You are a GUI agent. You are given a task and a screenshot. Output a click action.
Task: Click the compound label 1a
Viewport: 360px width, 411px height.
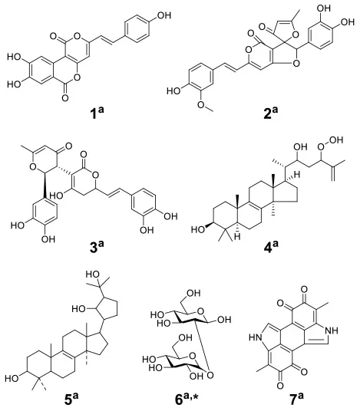[x=95, y=113]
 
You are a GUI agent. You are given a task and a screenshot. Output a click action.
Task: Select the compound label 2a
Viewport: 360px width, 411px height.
[x=270, y=113]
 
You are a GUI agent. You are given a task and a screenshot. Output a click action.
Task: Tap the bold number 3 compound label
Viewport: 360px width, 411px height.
[x=94, y=248]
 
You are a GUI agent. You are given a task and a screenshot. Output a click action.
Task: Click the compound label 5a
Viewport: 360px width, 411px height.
[x=71, y=400]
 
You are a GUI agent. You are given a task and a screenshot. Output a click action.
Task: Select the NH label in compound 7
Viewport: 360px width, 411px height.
[x=332, y=330]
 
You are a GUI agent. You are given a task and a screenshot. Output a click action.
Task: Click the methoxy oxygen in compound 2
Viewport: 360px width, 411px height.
[x=202, y=104]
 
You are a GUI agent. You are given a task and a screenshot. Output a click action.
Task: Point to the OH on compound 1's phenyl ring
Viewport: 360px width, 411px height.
[x=163, y=15]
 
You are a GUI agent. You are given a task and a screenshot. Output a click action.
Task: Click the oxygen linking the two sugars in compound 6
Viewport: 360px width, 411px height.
[x=210, y=375]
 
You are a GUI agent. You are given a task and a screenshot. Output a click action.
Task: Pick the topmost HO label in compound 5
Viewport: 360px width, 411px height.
[x=93, y=275]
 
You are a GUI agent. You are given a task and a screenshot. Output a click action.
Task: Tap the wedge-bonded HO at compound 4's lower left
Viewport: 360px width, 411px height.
[x=198, y=230]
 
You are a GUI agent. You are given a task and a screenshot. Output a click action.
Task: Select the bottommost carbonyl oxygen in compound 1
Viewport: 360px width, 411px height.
[x=65, y=98]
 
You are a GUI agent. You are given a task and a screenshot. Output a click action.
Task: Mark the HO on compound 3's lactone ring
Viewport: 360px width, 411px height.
[x=56, y=195]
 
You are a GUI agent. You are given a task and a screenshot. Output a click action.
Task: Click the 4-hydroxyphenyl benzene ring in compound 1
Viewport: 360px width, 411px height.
[x=137, y=31]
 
